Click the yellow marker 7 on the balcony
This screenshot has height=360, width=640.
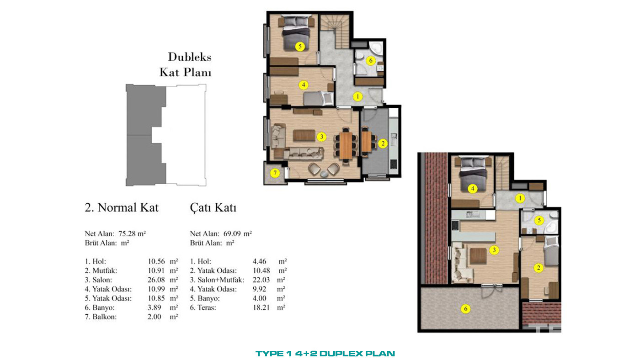tap(275, 173)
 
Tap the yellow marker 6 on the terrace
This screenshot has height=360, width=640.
tap(465, 309)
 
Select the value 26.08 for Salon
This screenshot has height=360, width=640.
tap(156, 280)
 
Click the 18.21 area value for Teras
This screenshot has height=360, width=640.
tap(261, 307)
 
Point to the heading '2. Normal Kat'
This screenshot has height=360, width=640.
tap(122, 207)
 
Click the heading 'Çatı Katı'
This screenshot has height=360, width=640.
tap(213, 208)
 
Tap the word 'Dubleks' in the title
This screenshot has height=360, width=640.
tap(190, 57)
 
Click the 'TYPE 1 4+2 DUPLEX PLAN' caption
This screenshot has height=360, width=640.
tap(325, 354)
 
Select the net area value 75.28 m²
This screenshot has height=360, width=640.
tap(132, 234)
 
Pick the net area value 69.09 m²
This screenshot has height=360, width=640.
tap(237, 234)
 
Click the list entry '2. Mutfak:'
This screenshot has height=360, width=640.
tap(101, 270)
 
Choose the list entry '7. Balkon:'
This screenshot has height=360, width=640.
tap(101, 317)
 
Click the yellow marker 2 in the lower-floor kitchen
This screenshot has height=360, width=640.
tap(383, 143)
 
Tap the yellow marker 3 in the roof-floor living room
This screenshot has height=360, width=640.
tap(494, 250)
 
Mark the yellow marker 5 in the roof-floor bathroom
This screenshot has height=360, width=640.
tap(539, 220)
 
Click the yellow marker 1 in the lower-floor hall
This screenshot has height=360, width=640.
tap(357, 96)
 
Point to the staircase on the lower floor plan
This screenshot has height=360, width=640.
tap(335, 32)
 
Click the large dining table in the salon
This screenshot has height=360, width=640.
tap(346, 146)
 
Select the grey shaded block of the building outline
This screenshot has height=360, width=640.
tap(146, 135)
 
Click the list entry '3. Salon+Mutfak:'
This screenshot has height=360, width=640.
tap(217, 280)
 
